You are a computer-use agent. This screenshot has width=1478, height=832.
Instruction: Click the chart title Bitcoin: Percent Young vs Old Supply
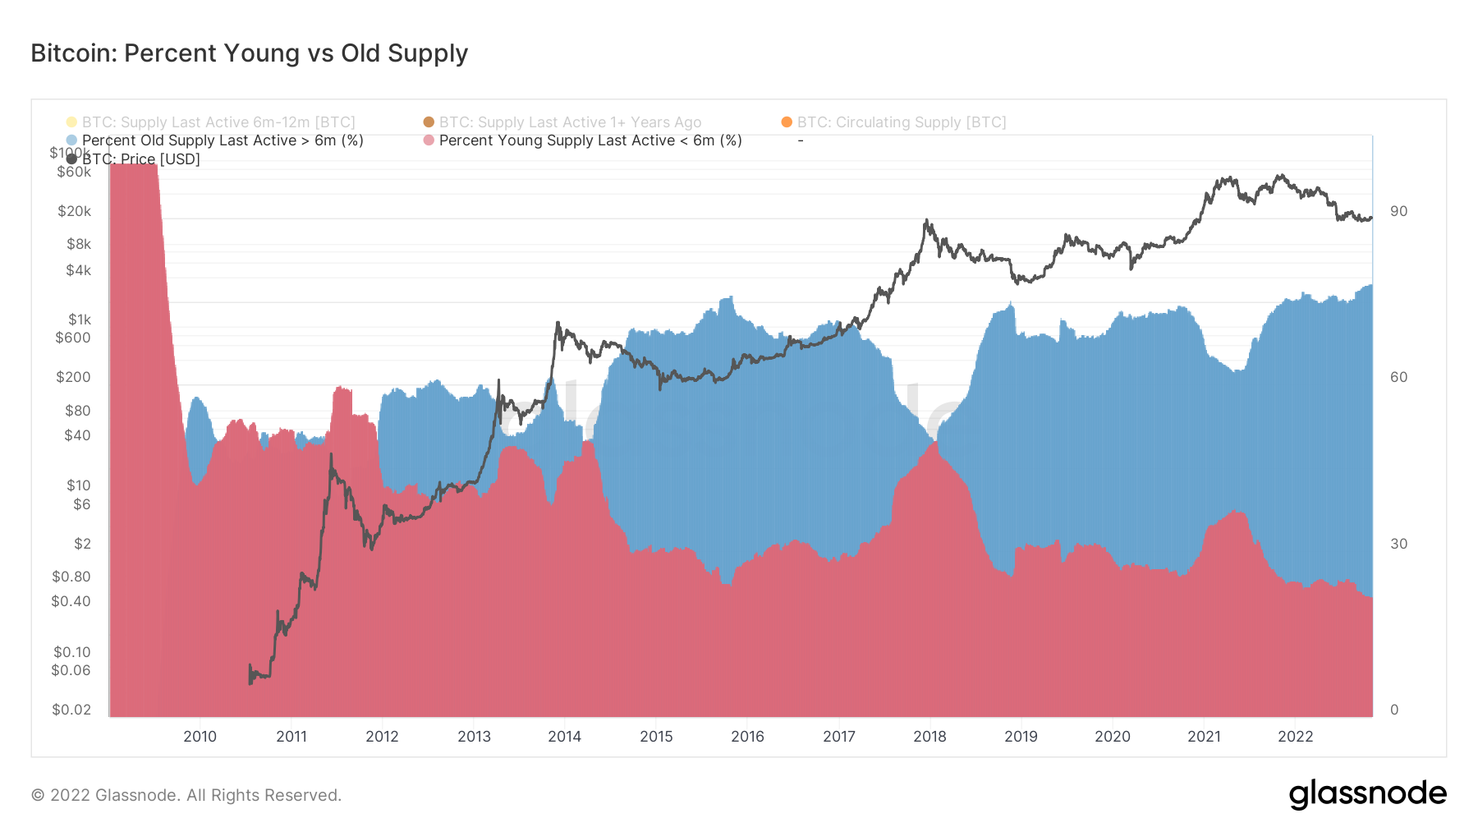tap(249, 53)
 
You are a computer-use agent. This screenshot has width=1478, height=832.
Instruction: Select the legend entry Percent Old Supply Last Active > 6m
tap(223, 140)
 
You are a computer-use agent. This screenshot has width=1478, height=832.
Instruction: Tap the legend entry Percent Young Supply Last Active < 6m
tap(590, 140)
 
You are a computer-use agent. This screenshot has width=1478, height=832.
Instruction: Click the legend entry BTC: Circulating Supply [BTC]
tap(901, 122)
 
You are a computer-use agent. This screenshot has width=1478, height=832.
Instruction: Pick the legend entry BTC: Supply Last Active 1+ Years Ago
tap(570, 122)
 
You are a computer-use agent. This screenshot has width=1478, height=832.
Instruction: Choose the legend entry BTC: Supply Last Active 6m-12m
tap(218, 122)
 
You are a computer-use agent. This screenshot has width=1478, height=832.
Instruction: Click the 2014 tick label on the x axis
tap(565, 737)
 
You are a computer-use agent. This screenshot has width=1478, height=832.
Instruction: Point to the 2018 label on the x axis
tap(929, 737)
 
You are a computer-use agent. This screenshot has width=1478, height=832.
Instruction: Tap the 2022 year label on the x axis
tap(1295, 737)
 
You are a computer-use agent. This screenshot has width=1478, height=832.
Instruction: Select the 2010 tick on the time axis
tap(200, 737)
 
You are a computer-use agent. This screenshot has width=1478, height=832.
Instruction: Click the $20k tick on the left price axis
tap(75, 211)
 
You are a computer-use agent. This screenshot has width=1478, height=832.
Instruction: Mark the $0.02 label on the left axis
tap(71, 710)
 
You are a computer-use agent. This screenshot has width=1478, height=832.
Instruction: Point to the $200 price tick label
tap(73, 377)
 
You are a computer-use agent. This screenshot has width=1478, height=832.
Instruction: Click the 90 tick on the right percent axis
tap(1398, 211)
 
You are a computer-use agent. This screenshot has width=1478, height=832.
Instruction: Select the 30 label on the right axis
tap(1398, 544)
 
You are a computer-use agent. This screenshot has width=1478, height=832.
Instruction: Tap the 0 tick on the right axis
tap(1394, 710)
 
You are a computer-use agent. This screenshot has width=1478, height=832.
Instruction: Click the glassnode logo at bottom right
tap(1367, 794)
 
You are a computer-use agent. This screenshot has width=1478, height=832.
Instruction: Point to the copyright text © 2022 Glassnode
tap(186, 795)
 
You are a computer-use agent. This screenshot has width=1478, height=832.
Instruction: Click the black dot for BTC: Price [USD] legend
tap(72, 159)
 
